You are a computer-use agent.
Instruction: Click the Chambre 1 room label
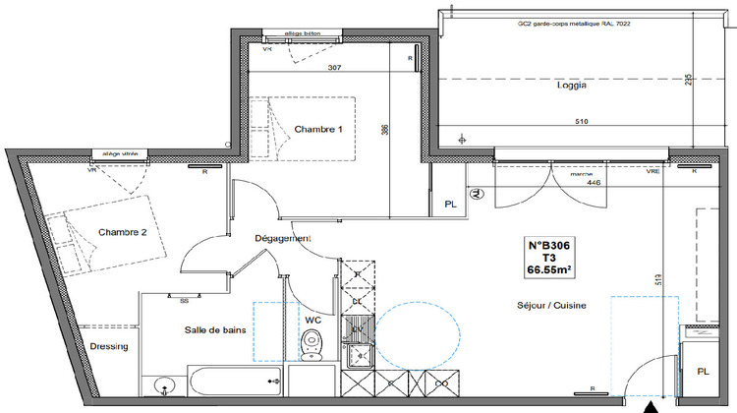[x=319, y=130]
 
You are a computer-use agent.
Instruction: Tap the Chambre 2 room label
[x=122, y=232]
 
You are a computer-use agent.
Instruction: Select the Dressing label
[x=110, y=347]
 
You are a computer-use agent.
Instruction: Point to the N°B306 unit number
[x=551, y=245]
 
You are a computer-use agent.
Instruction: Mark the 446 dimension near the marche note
[x=593, y=182]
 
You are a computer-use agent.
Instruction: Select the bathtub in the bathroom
[x=233, y=379]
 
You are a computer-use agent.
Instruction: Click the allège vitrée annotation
[x=121, y=153]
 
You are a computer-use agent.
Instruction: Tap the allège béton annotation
[x=303, y=33]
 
